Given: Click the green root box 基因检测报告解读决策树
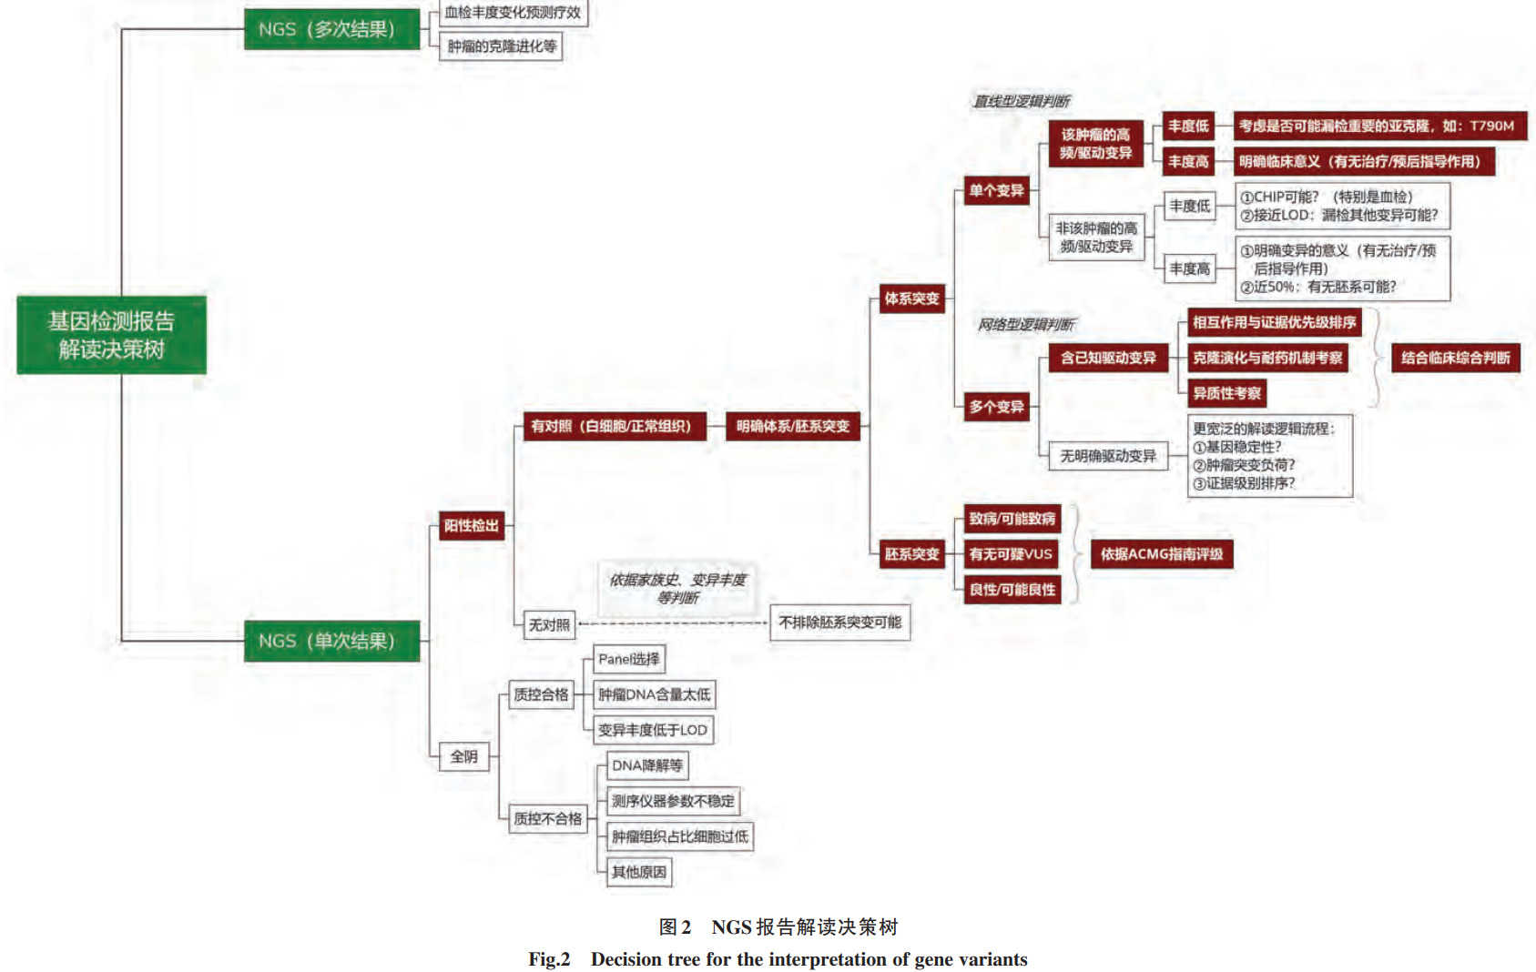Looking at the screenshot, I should click(111, 335).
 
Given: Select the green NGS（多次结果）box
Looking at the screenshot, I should click(331, 29).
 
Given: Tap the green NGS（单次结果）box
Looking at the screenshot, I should click(331, 641).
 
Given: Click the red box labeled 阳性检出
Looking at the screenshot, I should click(471, 525).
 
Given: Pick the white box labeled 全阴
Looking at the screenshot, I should click(463, 756).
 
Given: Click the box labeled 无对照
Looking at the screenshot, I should click(549, 624).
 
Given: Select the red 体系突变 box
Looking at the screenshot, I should click(911, 299).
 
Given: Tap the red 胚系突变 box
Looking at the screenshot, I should click(911, 553).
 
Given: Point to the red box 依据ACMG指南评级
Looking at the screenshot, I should click(1161, 553).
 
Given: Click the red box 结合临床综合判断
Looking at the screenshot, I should click(1455, 358).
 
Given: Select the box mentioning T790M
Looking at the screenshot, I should click(1379, 126).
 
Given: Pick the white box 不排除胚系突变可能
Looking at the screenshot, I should click(839, 623).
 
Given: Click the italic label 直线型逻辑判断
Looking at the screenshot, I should click(1022, 101).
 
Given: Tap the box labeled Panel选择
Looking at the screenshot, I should click(628, 659).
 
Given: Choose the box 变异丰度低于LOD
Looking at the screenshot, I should click(652, 730).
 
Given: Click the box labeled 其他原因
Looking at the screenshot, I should click(638, 872).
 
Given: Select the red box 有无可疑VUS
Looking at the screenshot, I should click(1011, 553).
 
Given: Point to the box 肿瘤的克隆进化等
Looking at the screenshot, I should click(501, 46).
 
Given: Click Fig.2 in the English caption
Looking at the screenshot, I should click(549, 959).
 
